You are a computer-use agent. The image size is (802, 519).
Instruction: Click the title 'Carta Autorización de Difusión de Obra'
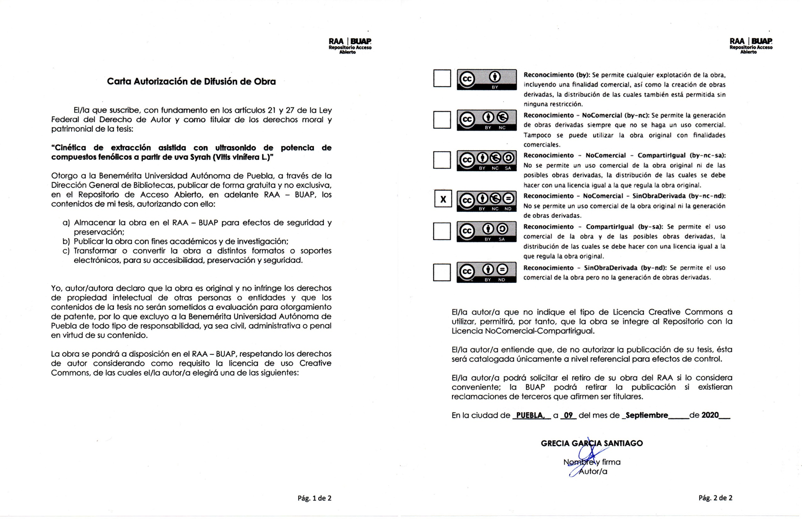[191, 82]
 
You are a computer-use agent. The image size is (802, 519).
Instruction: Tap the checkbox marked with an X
[443, 199]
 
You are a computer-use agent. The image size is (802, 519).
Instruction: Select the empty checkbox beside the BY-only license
[442, 78]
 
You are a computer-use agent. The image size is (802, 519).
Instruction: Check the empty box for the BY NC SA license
[442, 160]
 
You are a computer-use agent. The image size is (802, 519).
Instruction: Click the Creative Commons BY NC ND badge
[486, 201]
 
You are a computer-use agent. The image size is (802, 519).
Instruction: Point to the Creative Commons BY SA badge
[486, 232]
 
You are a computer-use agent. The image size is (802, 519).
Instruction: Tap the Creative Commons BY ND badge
[486, 272]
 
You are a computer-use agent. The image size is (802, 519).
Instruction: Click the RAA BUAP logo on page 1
[350, 45]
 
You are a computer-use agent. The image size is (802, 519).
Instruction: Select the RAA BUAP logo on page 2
[750, 45]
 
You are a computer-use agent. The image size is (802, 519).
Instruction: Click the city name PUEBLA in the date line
[530, 415]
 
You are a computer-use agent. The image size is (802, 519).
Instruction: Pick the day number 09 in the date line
[568, 415]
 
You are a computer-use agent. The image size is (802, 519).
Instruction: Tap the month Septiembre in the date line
[647, 415]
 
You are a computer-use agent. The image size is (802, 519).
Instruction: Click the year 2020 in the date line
[710, 415]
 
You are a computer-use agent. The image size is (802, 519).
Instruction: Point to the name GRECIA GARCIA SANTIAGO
[591, 443]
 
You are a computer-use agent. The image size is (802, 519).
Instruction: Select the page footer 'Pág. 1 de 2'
[314, 498]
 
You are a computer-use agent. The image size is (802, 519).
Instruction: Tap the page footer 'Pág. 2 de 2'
[715, 498]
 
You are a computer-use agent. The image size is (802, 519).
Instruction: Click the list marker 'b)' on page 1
[66, 241]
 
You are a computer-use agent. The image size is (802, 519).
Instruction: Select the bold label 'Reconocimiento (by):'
[557, 75]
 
